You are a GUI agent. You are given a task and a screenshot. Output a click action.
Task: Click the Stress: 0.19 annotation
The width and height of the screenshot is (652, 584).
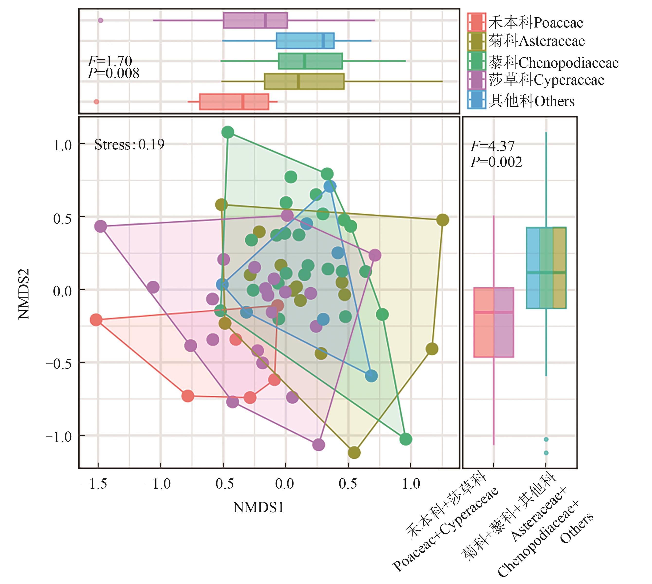[x=129, y=145]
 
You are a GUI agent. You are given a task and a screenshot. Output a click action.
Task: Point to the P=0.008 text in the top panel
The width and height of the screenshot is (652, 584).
[x=114, y=74]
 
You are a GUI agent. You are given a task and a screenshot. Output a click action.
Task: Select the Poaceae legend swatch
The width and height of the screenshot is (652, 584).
[x=477, y=22]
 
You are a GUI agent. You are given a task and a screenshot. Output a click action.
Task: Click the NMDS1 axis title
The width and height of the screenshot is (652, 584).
[x=258, y=507]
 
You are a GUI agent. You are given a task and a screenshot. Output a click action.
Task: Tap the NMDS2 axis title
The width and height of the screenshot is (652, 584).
[x=24, y=294]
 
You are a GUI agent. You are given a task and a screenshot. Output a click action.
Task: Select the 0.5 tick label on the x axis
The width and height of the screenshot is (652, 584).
[x=348, y=483]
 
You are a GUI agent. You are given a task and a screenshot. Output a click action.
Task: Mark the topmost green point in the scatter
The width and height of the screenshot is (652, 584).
[x=228, y=132]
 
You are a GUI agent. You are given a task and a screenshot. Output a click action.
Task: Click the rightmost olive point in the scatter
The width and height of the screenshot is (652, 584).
[x=442, y=220]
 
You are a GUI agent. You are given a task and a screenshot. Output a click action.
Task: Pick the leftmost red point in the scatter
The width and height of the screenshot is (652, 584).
[x=96, y=319]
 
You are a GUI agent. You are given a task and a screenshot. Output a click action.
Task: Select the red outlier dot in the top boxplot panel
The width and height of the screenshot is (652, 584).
[x=96, y=102]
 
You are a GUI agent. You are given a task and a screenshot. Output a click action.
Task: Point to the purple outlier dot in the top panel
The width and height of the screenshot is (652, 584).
[x=101, y=20]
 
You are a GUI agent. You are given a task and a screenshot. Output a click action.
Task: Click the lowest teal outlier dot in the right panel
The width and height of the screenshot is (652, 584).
[x=546, y=453]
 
